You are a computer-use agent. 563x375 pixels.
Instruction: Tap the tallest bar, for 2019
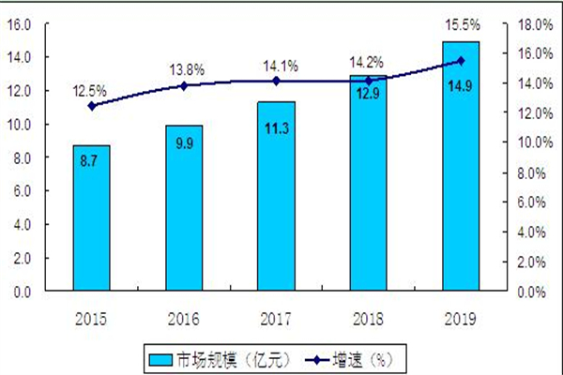(x=461, y=167)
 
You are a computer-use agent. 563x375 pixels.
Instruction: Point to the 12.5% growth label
(x=91, y=91)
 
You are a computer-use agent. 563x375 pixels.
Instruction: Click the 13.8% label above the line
(x=184, y=70)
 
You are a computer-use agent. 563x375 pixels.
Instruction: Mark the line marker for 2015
(x=91, y=106)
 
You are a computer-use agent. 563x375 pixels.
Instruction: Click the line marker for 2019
(x=461, y=61)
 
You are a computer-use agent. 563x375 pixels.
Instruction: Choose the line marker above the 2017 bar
(x=276, y=81)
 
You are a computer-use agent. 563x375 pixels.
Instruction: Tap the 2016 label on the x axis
(x=184, y=318)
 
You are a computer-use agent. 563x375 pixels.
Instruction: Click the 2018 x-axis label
(x=368, y=318)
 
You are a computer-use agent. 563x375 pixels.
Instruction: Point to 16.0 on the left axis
(x=19, y=22)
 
